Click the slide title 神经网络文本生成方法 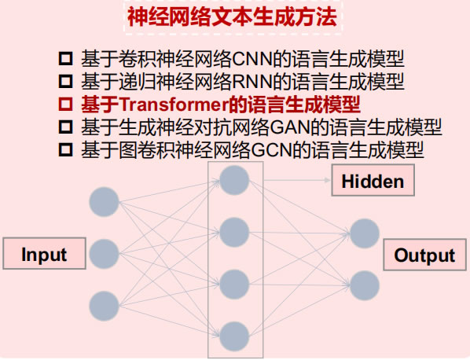[x=232, y=17]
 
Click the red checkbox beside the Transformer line [x=66, y=105]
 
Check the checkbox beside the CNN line [x=66, y=59]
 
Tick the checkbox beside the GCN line [x=66, y=150]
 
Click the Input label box [x=44, y=253]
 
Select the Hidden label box [x=373, y=180]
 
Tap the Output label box [x=424, y=255]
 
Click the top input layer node [x=105, y=202]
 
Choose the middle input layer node [x=105, y=254]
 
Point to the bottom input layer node [x=105, y=306]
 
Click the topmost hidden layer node [x=234, y=180]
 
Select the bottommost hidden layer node [x=234, y=336]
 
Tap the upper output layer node [x=365, y=233]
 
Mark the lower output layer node [x=365, y=285]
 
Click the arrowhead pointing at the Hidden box [x=328, y=180]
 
